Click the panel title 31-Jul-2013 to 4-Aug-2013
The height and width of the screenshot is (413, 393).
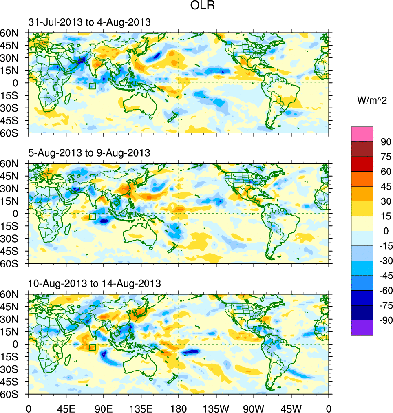click(89, 22)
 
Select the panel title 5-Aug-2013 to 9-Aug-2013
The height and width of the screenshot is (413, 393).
click(89, 153)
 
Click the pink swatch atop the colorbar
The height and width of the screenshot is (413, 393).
click(362, 134)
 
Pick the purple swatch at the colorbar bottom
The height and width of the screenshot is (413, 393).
click(362, 327)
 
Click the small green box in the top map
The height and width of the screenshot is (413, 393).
click(92, 86)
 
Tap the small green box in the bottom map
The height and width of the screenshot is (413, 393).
click(92, 347)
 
